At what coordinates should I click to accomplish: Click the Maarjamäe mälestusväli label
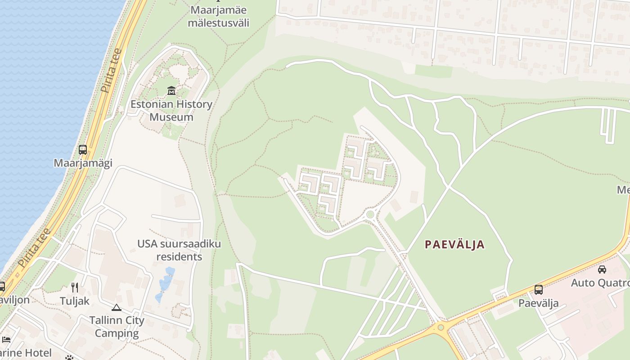[x=218, y=16]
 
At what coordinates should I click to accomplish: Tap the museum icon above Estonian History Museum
[x=171, y=91]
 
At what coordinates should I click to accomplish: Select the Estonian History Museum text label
[x=171, y=111]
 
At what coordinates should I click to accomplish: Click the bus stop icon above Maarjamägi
[x=83, y=150]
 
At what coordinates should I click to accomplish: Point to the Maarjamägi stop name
[x=83, y=163]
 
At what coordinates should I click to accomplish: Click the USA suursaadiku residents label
[x=179, y=250]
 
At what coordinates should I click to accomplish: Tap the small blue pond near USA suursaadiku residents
[x=166, y=282]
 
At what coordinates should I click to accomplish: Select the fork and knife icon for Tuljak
[x=75, y=288]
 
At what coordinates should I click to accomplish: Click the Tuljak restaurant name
[x=75, y=301]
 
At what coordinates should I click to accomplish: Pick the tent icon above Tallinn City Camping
[x=117, y=308]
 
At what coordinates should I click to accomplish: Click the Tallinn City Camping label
[x=117, y=327]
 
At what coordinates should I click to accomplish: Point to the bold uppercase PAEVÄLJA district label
[x=455, y=245]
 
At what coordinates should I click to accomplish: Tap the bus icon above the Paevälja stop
[x=539, y=290]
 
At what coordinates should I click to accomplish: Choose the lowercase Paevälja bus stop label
[x=539, y=303]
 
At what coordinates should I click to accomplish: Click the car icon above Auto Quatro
[x=602, y=270]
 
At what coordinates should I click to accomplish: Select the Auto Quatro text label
[x=601, y=283]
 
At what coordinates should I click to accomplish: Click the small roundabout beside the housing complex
[x=370, y=215]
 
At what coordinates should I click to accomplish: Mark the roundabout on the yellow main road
[x=441, y=328]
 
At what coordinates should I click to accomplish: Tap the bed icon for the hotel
[x=6, y=340]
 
